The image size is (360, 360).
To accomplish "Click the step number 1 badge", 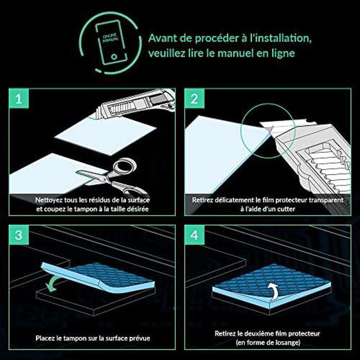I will (19, 99).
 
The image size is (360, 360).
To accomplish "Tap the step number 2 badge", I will (194, 99).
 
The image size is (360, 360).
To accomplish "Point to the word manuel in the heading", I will (252, 53).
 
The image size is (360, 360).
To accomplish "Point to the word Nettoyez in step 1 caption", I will (51, 200).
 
